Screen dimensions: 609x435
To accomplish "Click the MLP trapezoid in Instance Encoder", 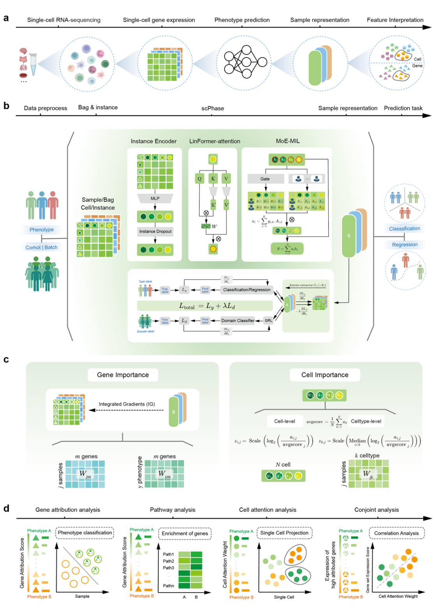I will coord(155,199).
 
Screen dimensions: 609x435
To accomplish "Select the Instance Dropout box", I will coord(155,231).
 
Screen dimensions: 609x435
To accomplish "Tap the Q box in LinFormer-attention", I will coord(200,179).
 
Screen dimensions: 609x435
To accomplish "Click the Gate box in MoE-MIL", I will coord(265,179).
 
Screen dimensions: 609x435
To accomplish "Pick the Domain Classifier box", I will coord(237,321).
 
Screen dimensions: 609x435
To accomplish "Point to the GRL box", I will coord(269,321).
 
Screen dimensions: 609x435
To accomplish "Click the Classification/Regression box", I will coord(247,290).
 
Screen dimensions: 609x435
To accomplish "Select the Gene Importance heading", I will coord(123,375).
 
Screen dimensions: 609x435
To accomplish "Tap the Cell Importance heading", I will coord(325,375).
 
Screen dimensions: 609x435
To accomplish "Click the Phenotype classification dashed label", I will coord(85,533).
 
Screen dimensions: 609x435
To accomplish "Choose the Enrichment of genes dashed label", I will coord(185,533).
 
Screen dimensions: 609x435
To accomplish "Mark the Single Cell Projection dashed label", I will coord(284,533).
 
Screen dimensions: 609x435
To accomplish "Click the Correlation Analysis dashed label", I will coord(396,533).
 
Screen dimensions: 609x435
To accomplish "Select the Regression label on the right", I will coord(405,245).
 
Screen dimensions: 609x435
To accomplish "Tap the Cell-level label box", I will coord(285,421).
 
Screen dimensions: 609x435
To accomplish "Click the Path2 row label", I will coord(168,561).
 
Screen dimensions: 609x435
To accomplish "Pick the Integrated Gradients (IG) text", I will coord(127,404).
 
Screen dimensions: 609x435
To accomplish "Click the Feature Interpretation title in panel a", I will coord(395,20).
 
